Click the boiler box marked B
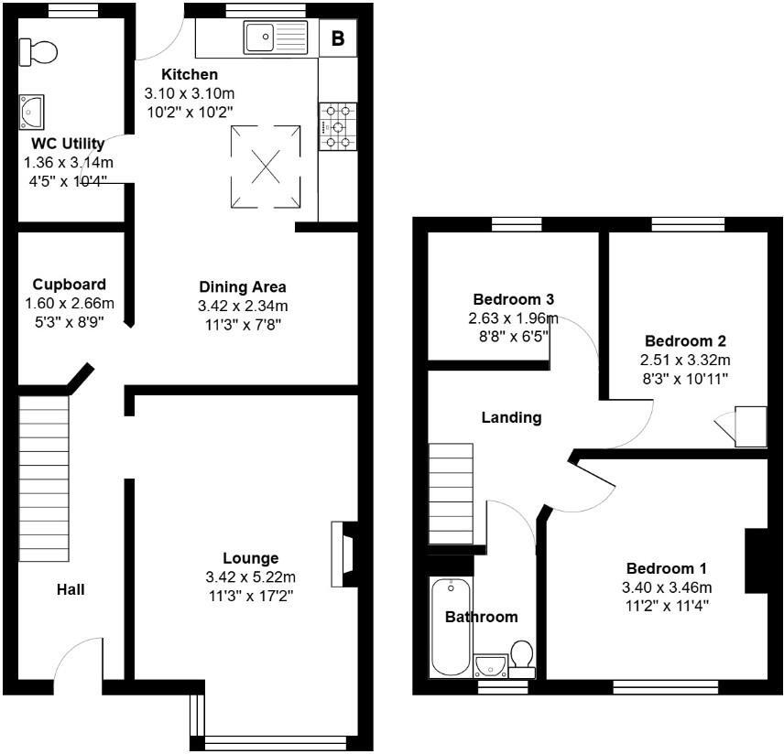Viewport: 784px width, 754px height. (338, 38)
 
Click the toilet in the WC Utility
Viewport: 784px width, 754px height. (38, 51)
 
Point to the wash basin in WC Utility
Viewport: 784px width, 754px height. (32, 112)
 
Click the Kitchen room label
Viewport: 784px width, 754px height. (190, 74)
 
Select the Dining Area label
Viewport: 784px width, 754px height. (243, 286)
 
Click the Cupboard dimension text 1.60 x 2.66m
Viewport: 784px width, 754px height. (69, 304)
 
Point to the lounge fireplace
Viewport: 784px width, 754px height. (345, 555)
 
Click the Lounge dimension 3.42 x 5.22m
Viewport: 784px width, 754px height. (250, 577)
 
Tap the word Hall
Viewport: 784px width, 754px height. (71, 589)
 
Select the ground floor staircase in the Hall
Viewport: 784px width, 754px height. (44, 467)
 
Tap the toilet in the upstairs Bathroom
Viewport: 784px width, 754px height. (522, 657)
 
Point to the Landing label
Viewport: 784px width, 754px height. (511, 417)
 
